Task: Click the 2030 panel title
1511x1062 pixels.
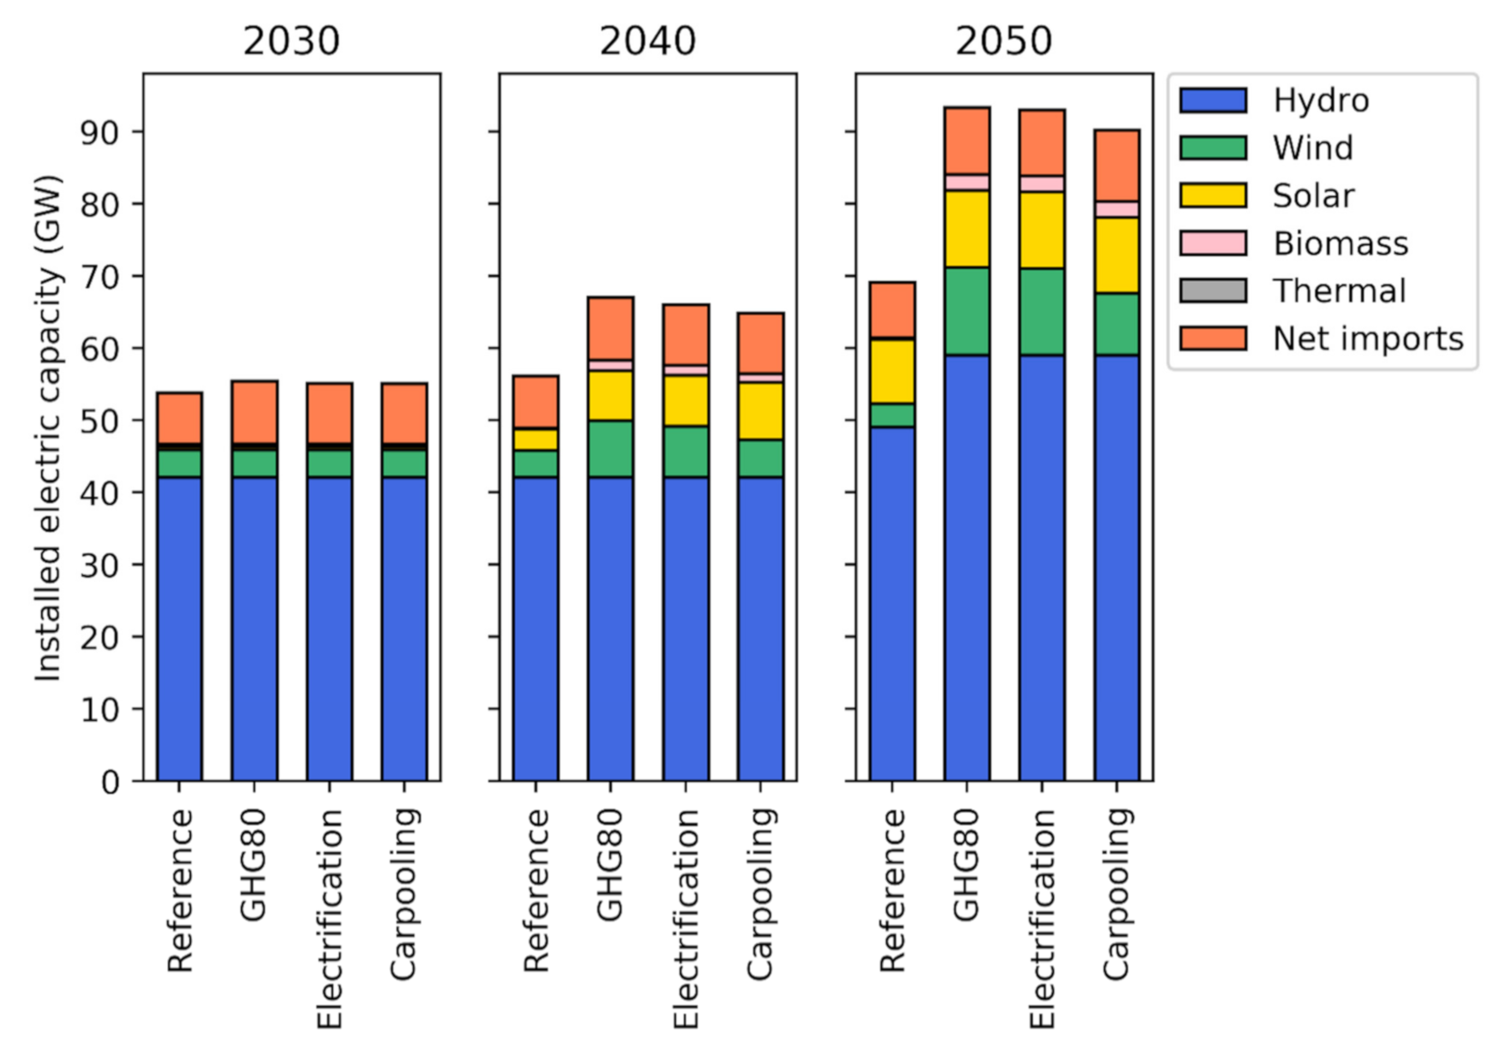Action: (x=291, y=41)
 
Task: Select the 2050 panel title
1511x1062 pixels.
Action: (x=1003, y=41)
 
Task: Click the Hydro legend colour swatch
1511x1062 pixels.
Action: (x=1212, y=100)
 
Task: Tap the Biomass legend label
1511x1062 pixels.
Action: (x=1340, y=243)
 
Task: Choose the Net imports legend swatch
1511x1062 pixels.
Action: (x=1212, y=338)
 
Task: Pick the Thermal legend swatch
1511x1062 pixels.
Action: (x=1212, y=291)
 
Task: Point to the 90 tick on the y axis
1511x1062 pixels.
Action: (x=99, y=132)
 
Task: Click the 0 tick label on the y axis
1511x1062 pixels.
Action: (x=110, y=782)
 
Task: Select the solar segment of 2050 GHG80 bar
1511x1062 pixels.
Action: (x=967, y=229)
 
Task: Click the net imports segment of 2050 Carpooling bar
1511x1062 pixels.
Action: (x=1116, y=166)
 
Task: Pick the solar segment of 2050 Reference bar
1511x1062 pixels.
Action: (x=892, y=371)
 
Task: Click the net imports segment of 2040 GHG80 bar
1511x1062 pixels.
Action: (x=610, y=328)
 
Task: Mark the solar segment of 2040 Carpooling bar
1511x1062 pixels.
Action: (x=760, y=411)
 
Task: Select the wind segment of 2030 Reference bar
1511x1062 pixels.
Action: (x=179, y=463)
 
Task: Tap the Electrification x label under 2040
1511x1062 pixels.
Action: (x=686, y=918)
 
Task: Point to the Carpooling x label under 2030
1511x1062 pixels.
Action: (x=404, y=893)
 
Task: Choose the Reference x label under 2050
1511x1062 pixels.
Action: (x=892, y=890)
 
